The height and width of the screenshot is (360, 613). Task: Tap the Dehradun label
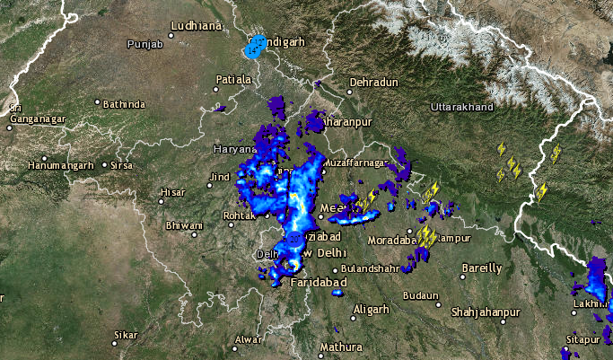click(x=373, y=83)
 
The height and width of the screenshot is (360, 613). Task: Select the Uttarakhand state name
click(x=462, y=108)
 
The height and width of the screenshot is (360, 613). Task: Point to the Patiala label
click(x=233, y=80)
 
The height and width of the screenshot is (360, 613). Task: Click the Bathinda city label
click(x=124, y=104)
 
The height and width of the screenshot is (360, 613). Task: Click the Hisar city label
click(x=171, y=192)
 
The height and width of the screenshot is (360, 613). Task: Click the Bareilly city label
click(x=482, y=268)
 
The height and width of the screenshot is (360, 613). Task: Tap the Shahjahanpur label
click(x=486, y=312)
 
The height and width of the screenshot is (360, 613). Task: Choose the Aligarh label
click(x=372, y=310)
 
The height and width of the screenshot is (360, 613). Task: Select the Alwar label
click(x=247, y=339)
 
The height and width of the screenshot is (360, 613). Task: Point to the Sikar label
click(x=126, y=336)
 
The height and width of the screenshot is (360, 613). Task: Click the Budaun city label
click(x=421, y=295)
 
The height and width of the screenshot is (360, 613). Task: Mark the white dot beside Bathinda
click(x=98, y=104)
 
